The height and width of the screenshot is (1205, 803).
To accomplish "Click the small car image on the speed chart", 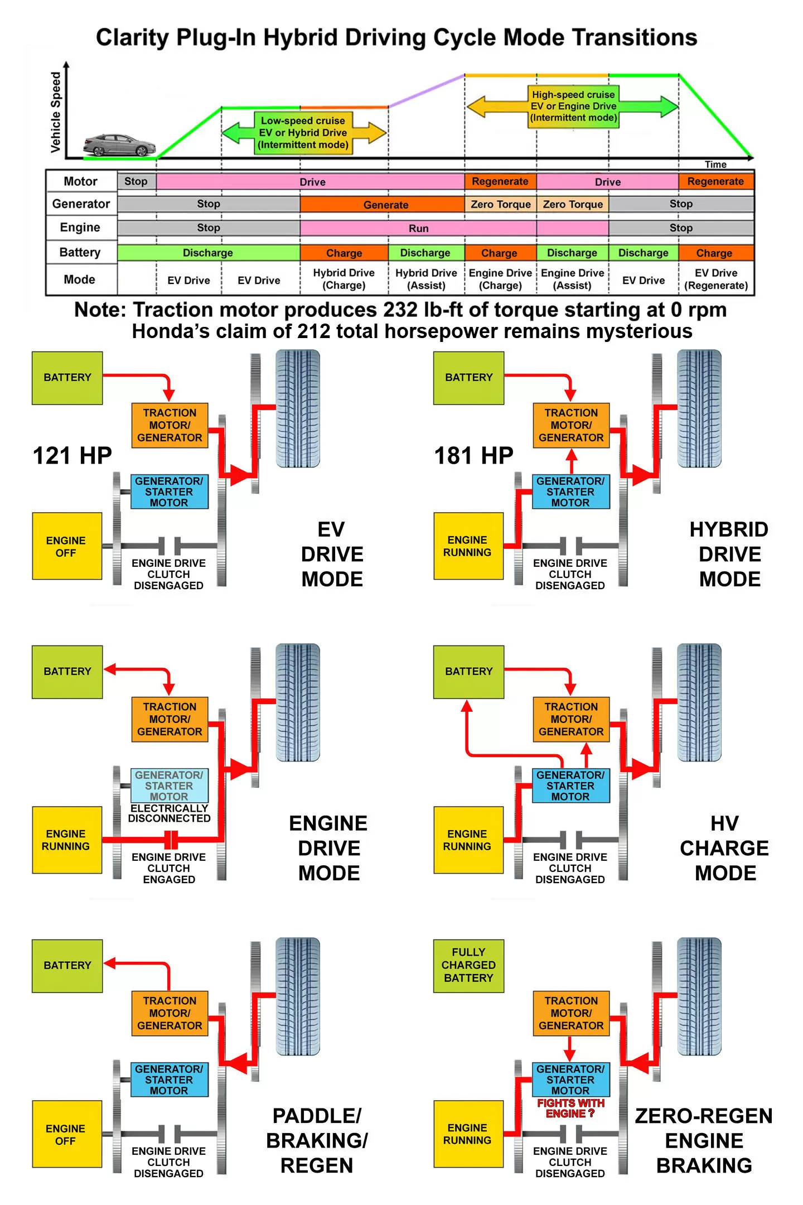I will click(x=119, y=145).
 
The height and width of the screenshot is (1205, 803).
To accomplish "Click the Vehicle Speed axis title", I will click(x=56, y=112).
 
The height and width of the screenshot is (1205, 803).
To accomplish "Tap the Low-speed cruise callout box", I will click(x=303, y=133).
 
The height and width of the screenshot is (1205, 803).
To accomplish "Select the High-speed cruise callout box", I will click(x=573, y=106).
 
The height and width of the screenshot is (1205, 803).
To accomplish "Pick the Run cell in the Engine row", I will click(x=418, y=228).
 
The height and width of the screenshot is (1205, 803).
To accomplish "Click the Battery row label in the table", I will click(x=80, y=252).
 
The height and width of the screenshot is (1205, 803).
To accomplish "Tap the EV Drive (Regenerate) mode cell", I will click(x=716, y=279).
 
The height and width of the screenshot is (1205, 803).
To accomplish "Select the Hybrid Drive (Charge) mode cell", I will click(x=344, y=279).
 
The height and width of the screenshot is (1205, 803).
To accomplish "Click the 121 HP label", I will click(x=72, y=455).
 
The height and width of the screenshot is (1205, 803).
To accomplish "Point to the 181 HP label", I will click(x=473, y=455).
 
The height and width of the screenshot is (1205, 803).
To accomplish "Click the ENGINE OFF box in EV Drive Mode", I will click(x=67, y=546).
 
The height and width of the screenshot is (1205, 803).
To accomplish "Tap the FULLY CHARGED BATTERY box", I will click(x=468, y=965).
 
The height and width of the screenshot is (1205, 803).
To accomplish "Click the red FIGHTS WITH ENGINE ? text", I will click(x=570, y=1108).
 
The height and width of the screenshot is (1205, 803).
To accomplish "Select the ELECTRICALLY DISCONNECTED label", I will click(x=169, y=813).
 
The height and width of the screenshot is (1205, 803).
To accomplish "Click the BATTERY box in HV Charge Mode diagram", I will click(x=468, y=672).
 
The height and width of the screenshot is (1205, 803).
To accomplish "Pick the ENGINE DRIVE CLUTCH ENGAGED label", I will click(x=169, y=868).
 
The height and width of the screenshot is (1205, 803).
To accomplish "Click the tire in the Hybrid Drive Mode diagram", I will click(x=699, y=408).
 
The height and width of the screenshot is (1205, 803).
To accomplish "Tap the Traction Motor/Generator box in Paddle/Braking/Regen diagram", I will click(x=170, y=1013).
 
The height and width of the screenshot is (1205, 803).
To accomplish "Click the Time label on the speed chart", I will click(x=715, y=165).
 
